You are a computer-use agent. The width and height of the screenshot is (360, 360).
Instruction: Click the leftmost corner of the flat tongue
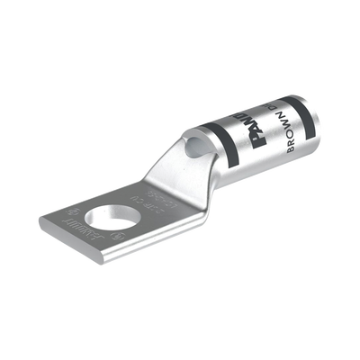click(x=40, y=216)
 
